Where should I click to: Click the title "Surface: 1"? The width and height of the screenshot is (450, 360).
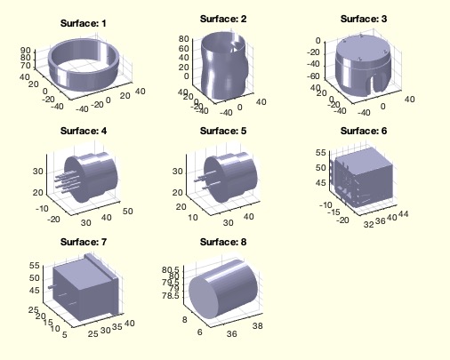(x=83, y=23)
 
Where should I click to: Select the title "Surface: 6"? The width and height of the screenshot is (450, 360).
(x=364, y=131)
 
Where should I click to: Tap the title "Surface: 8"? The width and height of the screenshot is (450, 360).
(x=223, y=242)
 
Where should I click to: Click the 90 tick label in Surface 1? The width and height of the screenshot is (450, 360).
(x=26, y=51)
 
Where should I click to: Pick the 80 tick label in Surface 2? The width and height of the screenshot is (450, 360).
(x=184, y=39)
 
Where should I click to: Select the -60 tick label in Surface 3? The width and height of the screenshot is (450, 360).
(x=312, y=76)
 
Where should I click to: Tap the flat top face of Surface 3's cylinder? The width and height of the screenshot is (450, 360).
(x=366, y=49)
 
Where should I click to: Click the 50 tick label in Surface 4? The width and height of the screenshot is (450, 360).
(x=128, y=212)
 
